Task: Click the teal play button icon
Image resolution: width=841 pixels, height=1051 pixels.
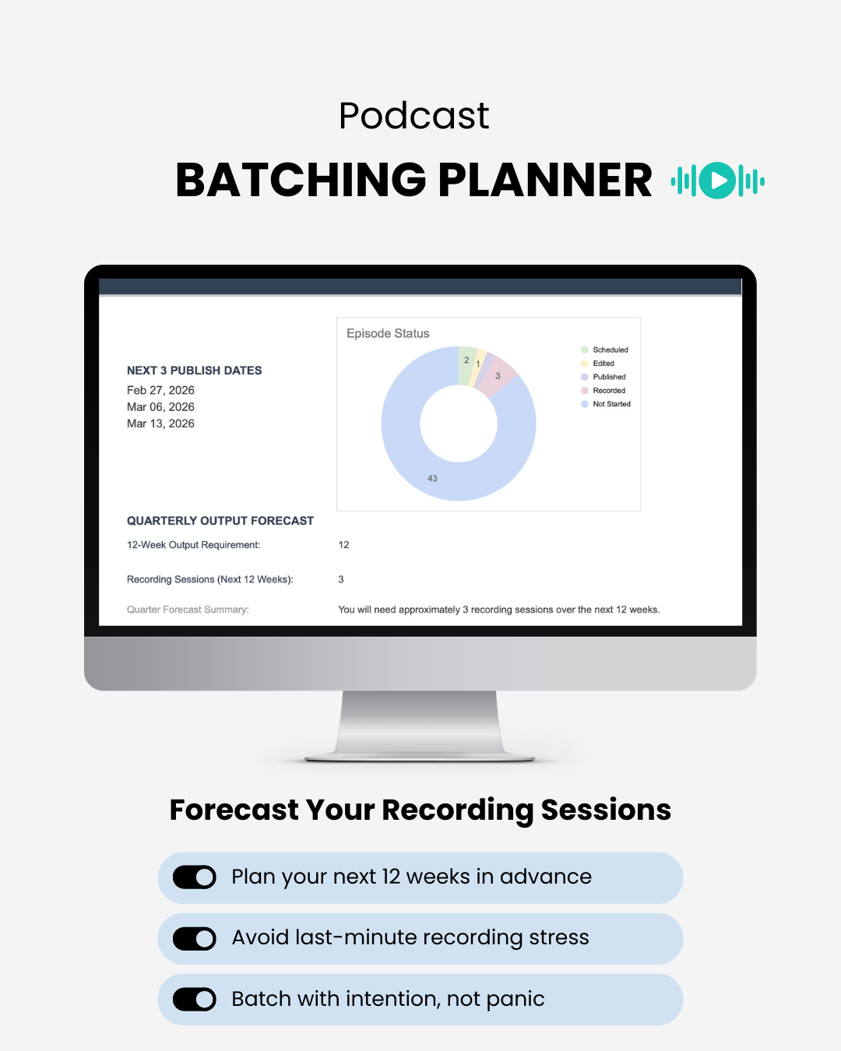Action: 717,181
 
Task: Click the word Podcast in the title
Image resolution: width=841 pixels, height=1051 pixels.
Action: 413,116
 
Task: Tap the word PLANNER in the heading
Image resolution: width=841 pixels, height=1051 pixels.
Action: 544,181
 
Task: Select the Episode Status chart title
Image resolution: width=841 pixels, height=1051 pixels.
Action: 388,333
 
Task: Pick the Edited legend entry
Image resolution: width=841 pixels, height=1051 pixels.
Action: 603,364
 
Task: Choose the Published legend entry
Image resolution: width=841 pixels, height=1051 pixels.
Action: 608,377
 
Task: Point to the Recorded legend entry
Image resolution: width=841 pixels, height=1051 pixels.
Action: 608,391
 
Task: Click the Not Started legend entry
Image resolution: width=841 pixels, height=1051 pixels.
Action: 611,404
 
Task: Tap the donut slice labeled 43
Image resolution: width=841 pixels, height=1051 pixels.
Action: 433,477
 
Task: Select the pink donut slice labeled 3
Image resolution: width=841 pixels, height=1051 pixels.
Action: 498,376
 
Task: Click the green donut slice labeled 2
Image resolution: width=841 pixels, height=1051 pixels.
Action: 466,361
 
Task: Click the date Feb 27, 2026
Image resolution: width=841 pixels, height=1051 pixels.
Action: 160,390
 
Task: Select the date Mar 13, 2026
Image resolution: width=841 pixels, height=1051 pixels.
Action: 160,424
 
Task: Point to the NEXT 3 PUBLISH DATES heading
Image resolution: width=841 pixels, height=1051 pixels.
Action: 194,371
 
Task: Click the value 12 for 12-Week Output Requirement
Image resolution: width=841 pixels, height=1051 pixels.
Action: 343,545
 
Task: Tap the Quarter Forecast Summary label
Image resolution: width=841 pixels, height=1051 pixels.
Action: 188,610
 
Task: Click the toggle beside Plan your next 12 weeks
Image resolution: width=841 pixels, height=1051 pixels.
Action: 195,877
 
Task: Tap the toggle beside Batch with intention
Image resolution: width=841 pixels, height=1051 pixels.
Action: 195,999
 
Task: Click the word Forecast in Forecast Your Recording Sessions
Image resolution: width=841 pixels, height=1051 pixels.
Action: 234,810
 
